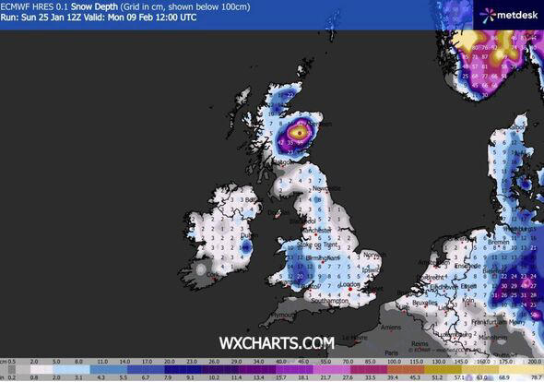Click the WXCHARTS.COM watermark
[277, 343]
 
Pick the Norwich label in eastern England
[373, 255]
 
